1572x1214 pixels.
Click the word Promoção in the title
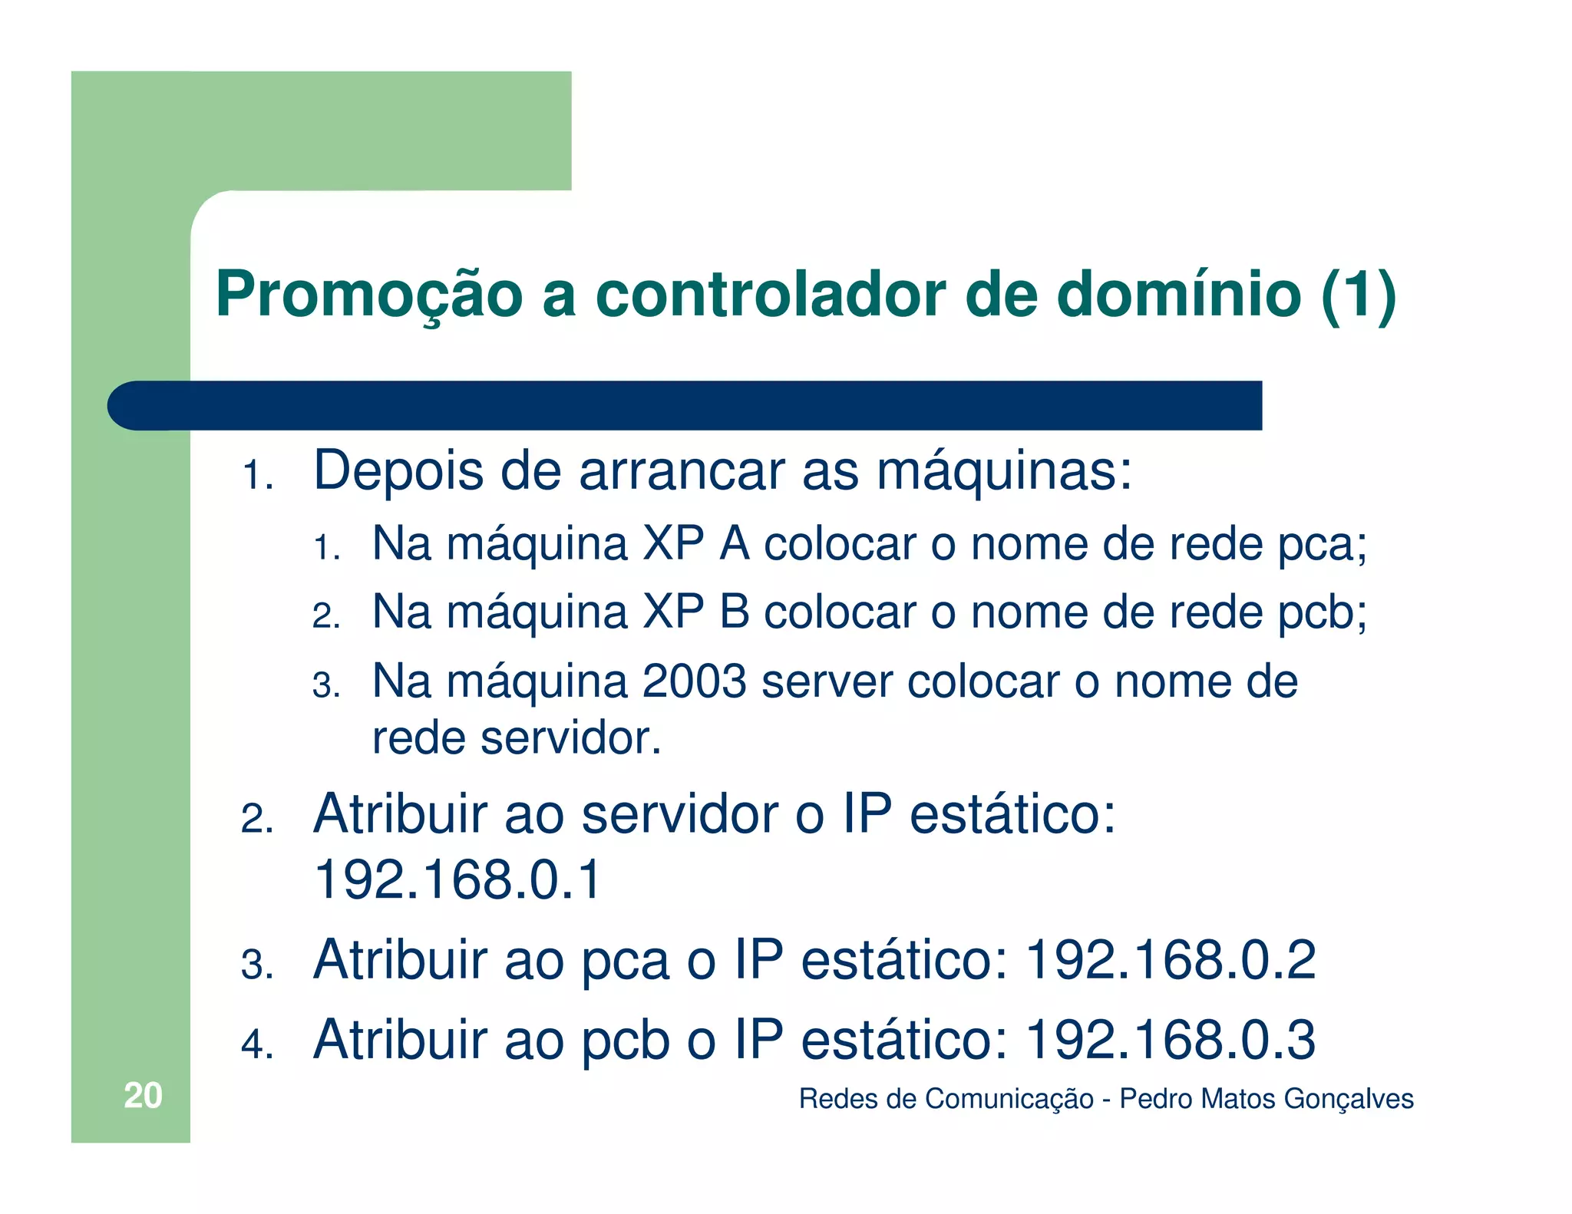tap(368, 295)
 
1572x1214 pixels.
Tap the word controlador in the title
tap(771, 295)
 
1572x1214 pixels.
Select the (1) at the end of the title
tap(1358, 295)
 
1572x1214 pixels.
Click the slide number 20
tap(143, 1095)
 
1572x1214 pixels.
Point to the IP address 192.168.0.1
tap(457, 879)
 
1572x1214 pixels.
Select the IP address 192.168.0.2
tap(1171, 960)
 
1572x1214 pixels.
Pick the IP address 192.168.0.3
tap(1171, 1040)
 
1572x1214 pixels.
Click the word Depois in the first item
tap(398, 470)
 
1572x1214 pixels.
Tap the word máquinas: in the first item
tap(1004, 470)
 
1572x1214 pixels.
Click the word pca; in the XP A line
tap(1322, 546)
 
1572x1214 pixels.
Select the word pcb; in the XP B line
tap(1322, 613)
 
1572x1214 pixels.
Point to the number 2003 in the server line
tap(694, 681)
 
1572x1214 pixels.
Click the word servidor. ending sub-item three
tap(570, 738)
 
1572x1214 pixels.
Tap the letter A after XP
tap(735, 544)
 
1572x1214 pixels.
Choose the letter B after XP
tap(735, 612)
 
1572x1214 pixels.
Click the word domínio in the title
tap(1179, 295)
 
